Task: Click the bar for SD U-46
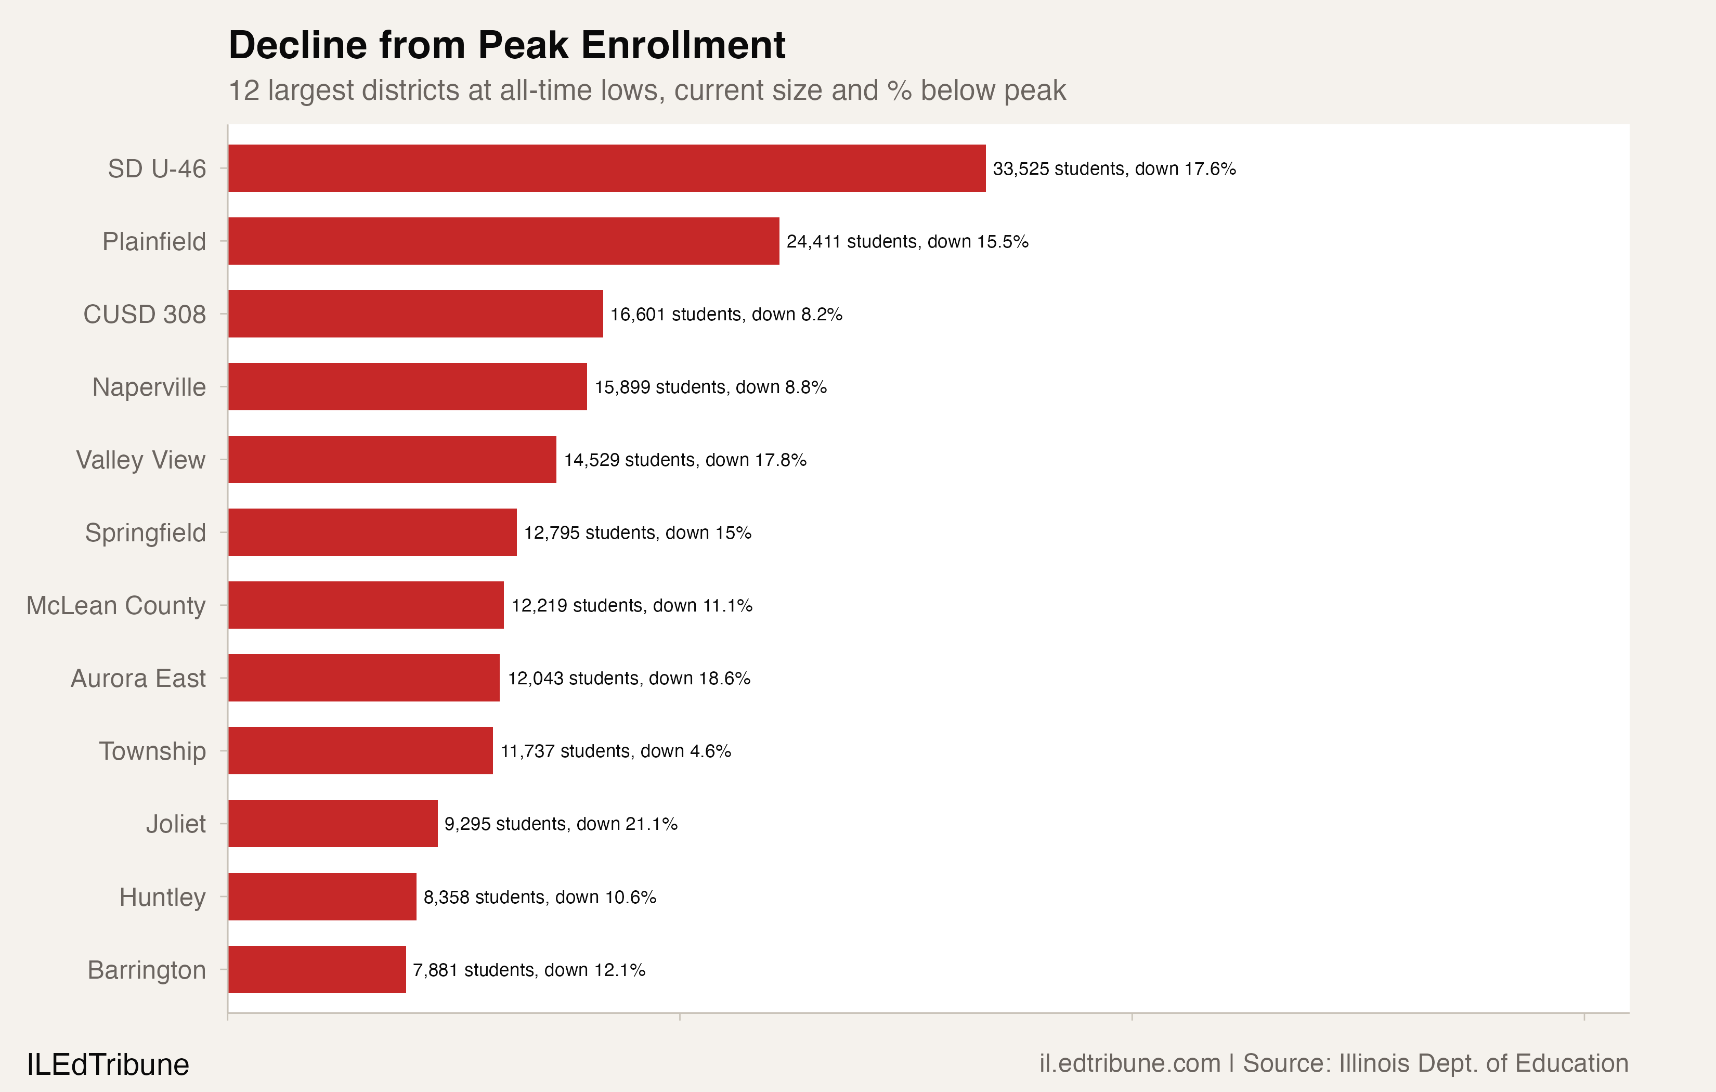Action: pos(606,168)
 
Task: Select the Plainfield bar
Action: pos(503,241)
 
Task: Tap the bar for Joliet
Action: pos(333,823)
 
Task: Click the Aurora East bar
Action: pos(363,678)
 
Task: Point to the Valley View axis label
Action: pos(140,460)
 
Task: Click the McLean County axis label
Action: pos(116,605)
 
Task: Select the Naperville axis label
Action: pos(149,387)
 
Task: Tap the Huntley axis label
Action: pos(162,896)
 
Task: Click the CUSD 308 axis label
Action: pos(145,315)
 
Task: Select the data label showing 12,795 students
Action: pos(637,532)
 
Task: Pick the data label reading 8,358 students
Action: pos(539,896)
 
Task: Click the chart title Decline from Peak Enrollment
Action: pos(506,45)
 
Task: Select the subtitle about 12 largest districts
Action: pos(646,90)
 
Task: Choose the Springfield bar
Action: pos(372,532)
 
